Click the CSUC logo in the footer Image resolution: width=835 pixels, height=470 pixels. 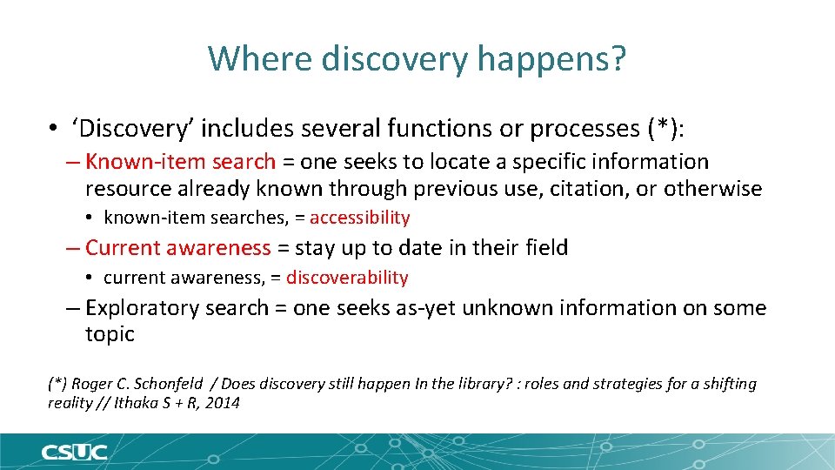pyautogui.click(x=74, y=453)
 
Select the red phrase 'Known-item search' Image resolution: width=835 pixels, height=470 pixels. pyautogui.click(x=181, y=162)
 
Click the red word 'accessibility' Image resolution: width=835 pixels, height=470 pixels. pyautogui.click(x=359, y=218)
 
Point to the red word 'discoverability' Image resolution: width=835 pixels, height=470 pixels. pyautogui.click(x=347, y=278)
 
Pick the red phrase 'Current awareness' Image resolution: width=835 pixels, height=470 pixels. pyautogui.click(x=178, y=248)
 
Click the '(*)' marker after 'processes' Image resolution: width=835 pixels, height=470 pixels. pyautogui.click(x=665, y=129)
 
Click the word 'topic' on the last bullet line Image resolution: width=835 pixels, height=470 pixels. pyautogui.click(x=110, y=334)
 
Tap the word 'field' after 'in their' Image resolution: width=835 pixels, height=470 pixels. pyautogui.click(x=546, y=248)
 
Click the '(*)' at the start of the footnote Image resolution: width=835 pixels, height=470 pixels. pyautogui.click(x=57, y=384)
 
